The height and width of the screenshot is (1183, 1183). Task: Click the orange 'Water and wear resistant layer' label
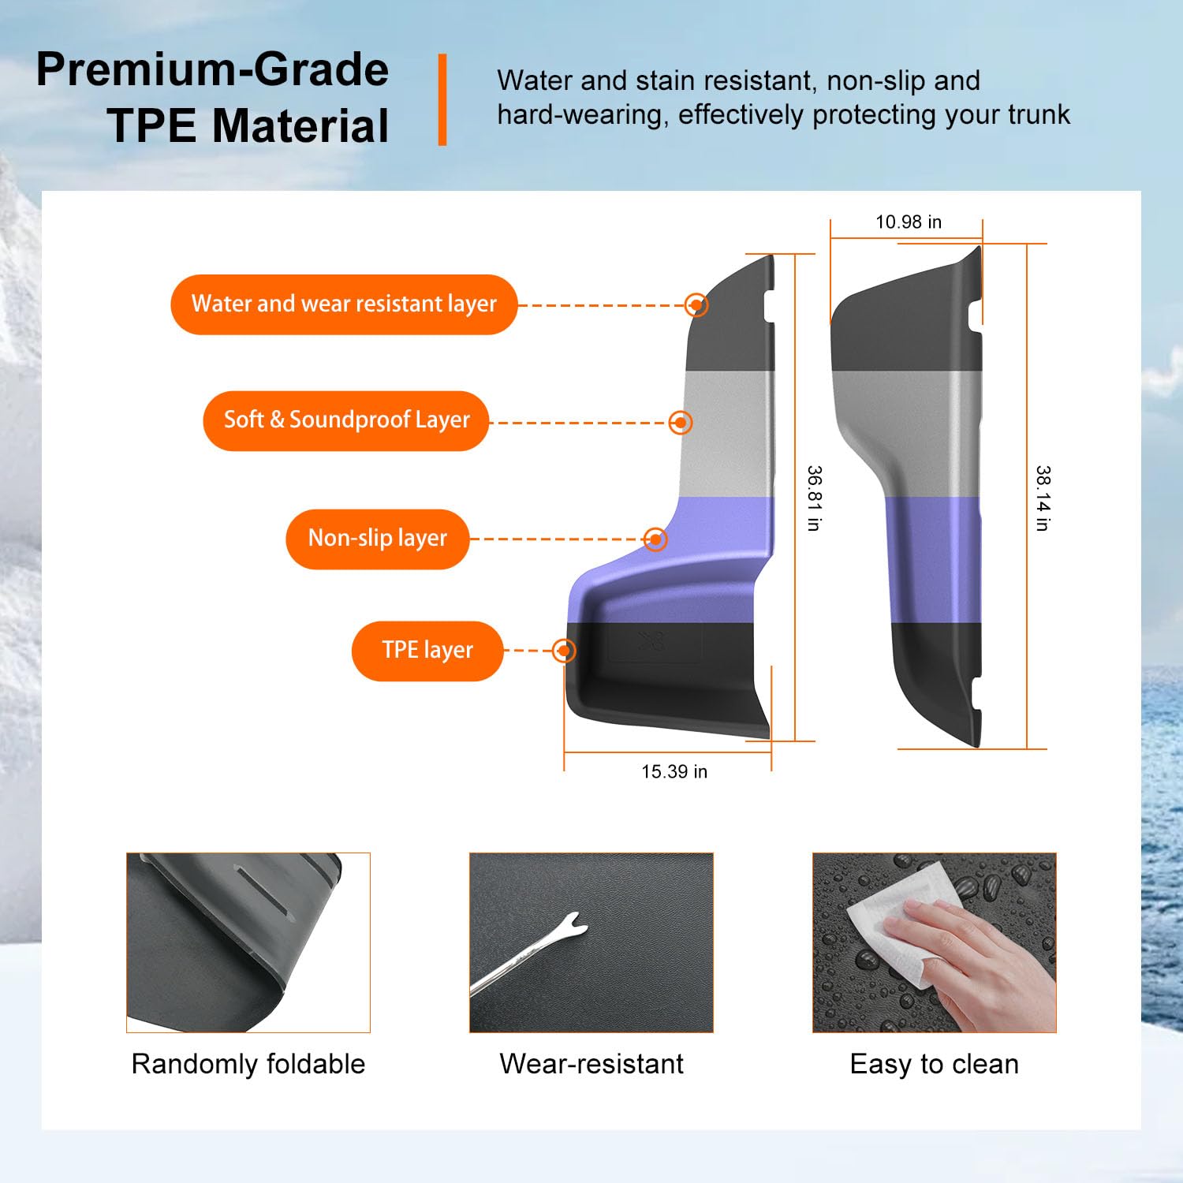(x=344, y=304)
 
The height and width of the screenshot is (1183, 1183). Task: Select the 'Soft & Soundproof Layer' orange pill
(x=346, y=420)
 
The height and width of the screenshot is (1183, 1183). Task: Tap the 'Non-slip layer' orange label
(x=378, y=539)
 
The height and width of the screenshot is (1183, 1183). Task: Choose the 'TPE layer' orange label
(x=427, y=651)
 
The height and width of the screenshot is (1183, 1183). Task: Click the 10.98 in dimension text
(x=909, y=222)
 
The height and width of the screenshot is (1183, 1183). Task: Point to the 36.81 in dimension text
(x=815, y=498)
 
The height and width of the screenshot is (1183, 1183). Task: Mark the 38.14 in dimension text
(x=1043, y=498)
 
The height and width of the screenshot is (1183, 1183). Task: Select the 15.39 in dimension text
(x=674, y=772)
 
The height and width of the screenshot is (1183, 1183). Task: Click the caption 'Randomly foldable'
(x=248, y=1065)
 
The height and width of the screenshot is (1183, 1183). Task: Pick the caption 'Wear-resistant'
(x=591, y=1065)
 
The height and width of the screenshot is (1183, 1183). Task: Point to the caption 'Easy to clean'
(x=935, y=1065)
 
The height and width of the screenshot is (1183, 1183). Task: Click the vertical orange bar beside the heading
(x=442, y=99)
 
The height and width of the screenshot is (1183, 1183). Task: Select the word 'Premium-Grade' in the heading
(x=213, y=69)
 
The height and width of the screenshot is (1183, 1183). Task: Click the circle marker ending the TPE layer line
(x=564, y=651)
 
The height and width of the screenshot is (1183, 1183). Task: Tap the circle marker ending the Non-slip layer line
(x=655, y=539)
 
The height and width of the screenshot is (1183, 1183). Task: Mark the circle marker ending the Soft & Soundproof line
(x=681, y=423)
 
